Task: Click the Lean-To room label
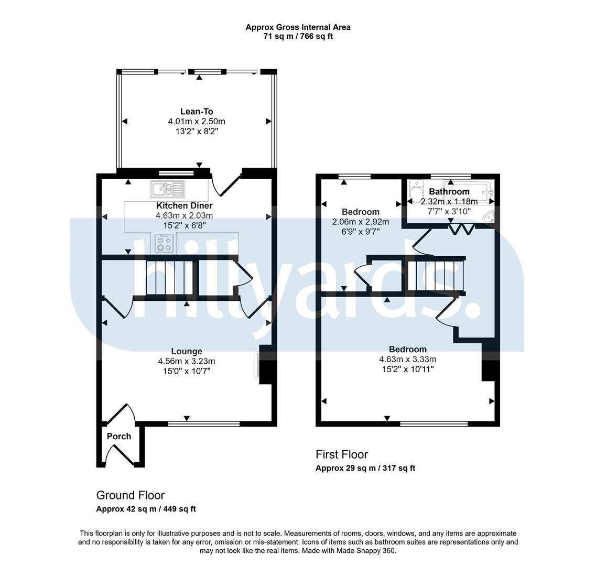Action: [x=197, y=112]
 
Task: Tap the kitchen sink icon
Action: [x=168, y=189]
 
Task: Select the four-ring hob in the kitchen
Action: [x=165, y=243]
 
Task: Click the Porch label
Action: [x=119, y=437]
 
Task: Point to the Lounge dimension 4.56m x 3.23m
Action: [x=187, y=361]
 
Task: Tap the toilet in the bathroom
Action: [x=417, y=190]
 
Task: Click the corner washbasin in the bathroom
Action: [x=489, y=215]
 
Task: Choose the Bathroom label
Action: [x=449, y=192]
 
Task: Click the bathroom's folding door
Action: [x=461, y=229]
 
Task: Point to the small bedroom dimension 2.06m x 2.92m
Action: [x=360, y=222]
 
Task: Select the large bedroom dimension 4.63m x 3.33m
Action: [x=407, y=359]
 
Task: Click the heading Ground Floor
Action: [x=131, y=495]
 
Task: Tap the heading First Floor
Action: [x=342, y=454]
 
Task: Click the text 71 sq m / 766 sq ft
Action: [x=298, y=37]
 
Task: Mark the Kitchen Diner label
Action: [x=185, y=205]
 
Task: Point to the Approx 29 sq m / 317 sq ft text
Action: [x=365, y=468]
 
